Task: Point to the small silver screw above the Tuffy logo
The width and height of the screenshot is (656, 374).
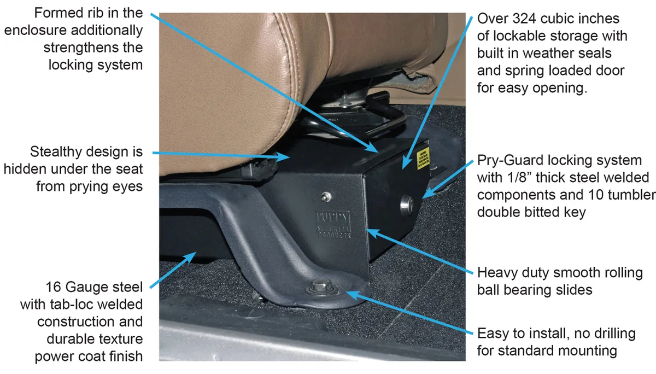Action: pos(326,196)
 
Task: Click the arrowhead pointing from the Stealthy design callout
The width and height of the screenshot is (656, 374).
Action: pos(289,157)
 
